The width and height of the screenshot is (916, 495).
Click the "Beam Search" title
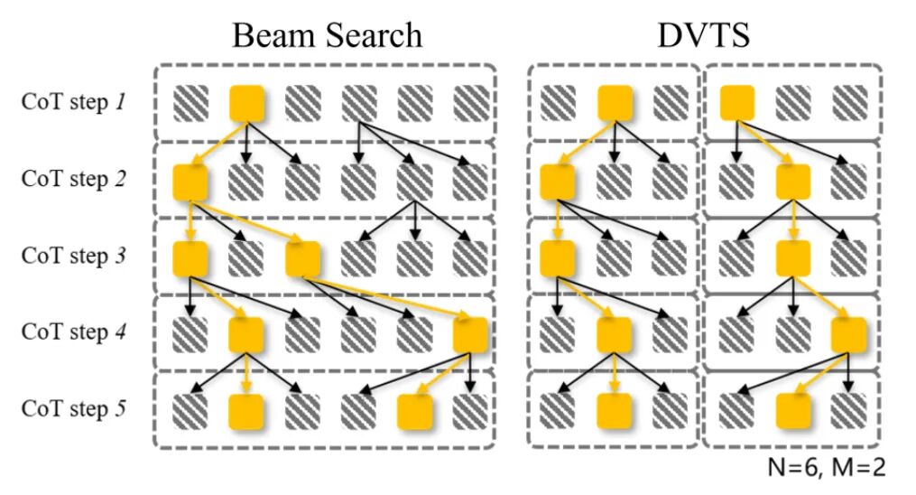[x=327, y=34]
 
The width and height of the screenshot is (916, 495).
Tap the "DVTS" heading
[x=704, y=34]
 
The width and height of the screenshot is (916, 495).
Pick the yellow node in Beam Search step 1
[x=247, y=103]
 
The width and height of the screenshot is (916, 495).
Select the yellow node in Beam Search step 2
[x=190, y=182]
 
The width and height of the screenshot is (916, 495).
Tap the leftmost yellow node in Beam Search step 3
[x=190, y=258]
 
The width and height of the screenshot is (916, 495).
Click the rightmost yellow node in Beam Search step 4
[x=470, y=335]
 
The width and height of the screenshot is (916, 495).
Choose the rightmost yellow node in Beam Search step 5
[x=414, y=412]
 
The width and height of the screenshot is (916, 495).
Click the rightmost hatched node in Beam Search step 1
[x=470, y=103]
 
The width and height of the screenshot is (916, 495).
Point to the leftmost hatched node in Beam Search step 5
[x=190, y=412]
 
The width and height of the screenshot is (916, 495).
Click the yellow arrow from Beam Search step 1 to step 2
[x=219, y=142]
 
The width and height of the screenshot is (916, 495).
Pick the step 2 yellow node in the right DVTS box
[x=793, y=182]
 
